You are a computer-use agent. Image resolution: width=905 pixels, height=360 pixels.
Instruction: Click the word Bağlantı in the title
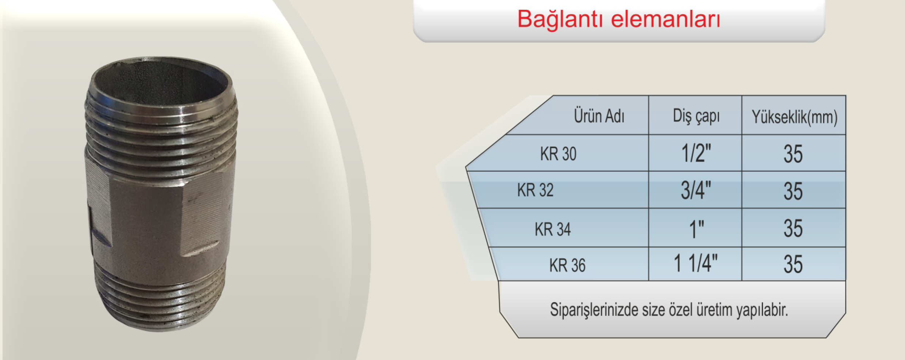tap(560, 19)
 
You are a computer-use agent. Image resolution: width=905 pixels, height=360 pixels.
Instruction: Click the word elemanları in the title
tap(666, 19)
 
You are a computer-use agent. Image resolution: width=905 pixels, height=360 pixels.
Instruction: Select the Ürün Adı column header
tap(599, 116)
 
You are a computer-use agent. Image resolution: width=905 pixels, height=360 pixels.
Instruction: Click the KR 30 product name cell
tap(558, 154)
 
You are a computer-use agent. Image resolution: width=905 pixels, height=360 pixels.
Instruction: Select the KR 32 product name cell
tap(535, 190)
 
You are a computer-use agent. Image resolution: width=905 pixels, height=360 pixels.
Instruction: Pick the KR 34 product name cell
tap(553, 229)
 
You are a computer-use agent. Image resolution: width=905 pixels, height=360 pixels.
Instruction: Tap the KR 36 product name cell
tap(567, 265)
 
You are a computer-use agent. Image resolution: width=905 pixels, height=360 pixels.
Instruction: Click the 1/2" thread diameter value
tap(696, 154)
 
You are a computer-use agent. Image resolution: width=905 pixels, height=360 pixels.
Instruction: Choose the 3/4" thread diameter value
tap(696, 190)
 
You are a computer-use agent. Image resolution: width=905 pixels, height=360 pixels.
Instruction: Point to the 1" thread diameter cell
tap(696, 229)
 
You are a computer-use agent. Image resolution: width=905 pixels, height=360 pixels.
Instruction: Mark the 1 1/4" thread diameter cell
tap(696, 264)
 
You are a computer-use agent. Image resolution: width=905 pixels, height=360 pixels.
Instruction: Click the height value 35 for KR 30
tap(793, 154)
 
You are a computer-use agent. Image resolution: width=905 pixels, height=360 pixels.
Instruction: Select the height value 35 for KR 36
tap(793, 264)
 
